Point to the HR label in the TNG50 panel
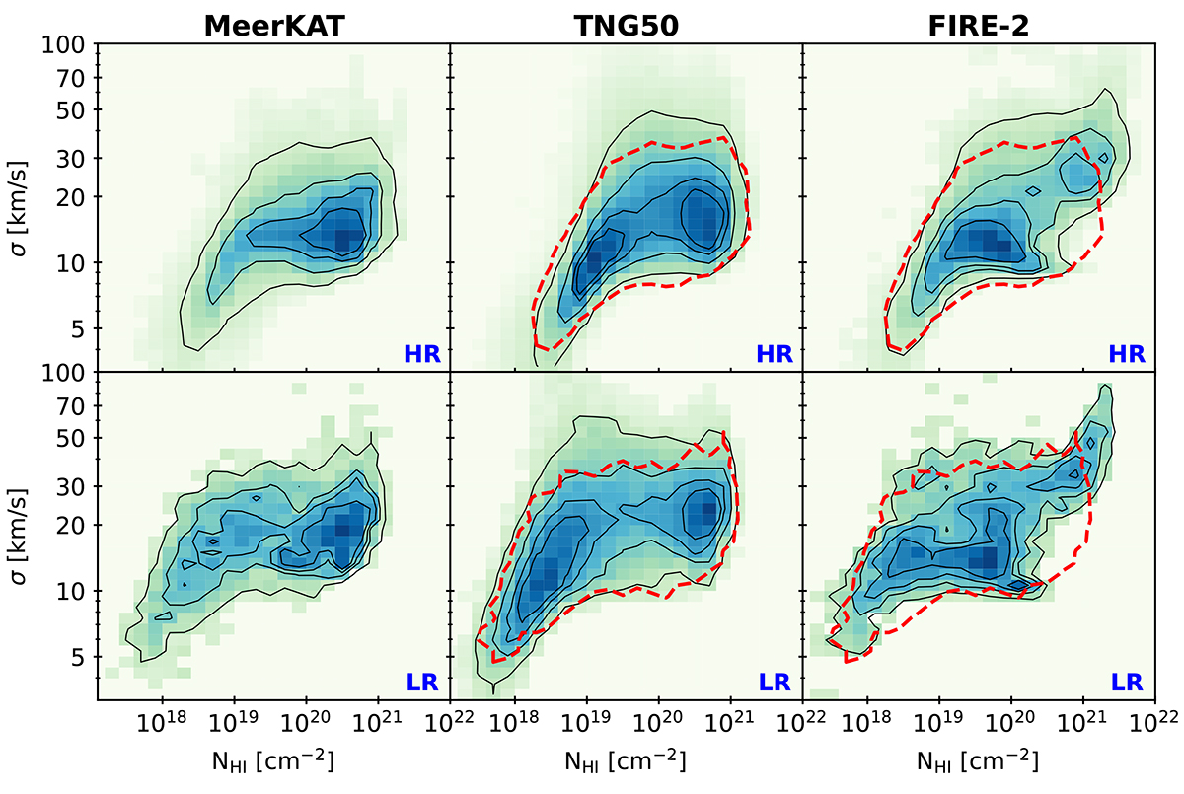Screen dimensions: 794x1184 (775, 353)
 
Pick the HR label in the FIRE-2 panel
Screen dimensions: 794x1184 (1127, 353)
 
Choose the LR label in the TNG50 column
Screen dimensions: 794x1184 (776, 682)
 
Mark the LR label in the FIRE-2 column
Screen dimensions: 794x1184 (1128, 682)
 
